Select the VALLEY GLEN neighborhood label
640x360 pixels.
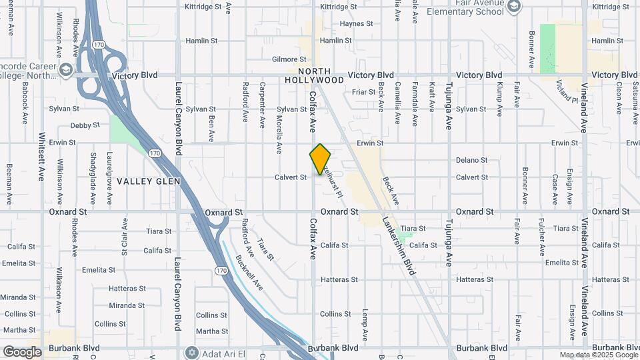tap(145, 181)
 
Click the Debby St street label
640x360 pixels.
tap(85, 125)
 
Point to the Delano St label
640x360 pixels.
tap(472, 160)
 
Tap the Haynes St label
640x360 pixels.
tap(355, 23)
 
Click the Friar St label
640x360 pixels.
tap(364, 92)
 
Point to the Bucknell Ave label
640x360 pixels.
tap(248, 273)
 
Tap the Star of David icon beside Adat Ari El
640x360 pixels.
tap(193, 351)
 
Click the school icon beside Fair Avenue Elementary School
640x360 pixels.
tap(513, 7)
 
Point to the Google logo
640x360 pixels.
tap(22, 351)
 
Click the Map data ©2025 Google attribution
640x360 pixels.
tap(598, 355)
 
